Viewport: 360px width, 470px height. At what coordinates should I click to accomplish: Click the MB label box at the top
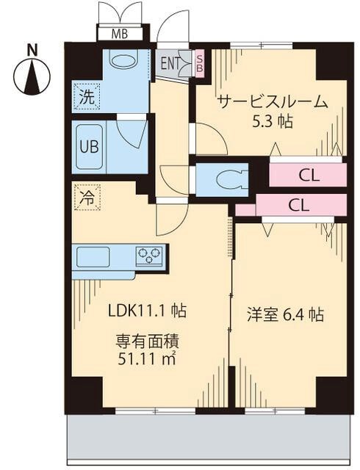pos(118,34)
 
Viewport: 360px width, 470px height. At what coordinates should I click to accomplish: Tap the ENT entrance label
pos(170,63)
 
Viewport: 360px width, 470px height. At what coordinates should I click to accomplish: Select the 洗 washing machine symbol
pos(87,95)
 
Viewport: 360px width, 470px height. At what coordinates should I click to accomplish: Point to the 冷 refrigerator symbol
pos(86,198)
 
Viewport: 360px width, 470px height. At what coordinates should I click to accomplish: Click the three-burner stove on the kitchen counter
pos(149,257)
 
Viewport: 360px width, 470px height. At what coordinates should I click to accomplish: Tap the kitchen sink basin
pos(92,258)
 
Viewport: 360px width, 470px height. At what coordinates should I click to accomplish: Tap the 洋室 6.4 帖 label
pos(284,315)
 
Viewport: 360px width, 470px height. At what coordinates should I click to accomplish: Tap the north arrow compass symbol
pos(30,76)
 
